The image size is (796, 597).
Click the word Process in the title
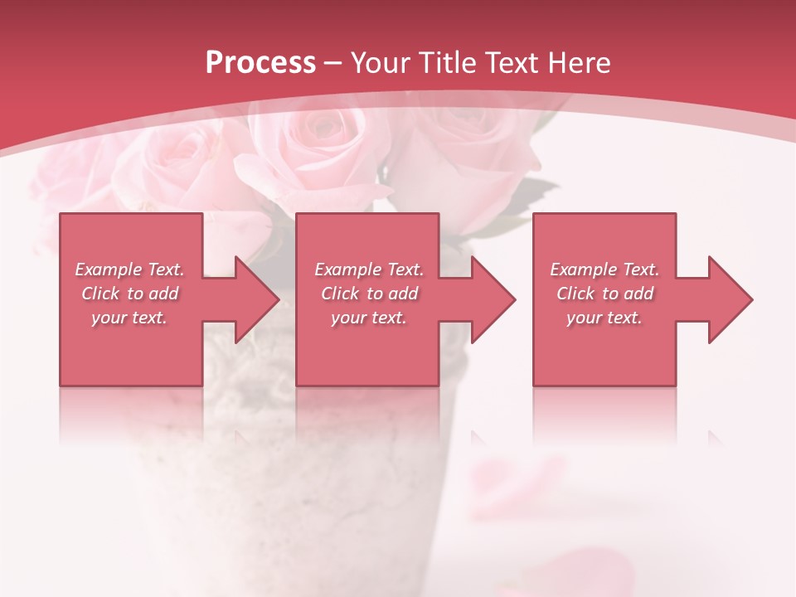pyautogui.click(x=260, y=63)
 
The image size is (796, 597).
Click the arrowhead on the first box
pyautogui.click(x=252, y=299)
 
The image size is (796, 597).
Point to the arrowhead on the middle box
pyautogui.click(x=489, y=299)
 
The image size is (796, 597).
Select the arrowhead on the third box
pyautogui.click(x=726, y=299)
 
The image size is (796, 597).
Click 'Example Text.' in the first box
pyautogui.click(x=129, y=269)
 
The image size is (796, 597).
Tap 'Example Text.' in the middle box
pyautogui.click(x=369, y=269)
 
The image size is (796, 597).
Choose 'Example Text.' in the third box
pyautogui.click(x=604, y=269)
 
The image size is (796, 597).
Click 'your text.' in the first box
pyautogui.click(x=129, y=318)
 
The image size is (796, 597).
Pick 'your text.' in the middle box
pyautogui.click(x=369, y=318)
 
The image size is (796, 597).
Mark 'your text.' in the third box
pyautogui.click(x=604, y=318)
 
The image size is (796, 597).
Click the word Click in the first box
pyautogui.click(x=101, y=294)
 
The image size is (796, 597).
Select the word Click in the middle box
pyautogui.click(x=341, y=294)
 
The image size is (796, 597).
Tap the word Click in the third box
pyautogui.click(x=576, y=294)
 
